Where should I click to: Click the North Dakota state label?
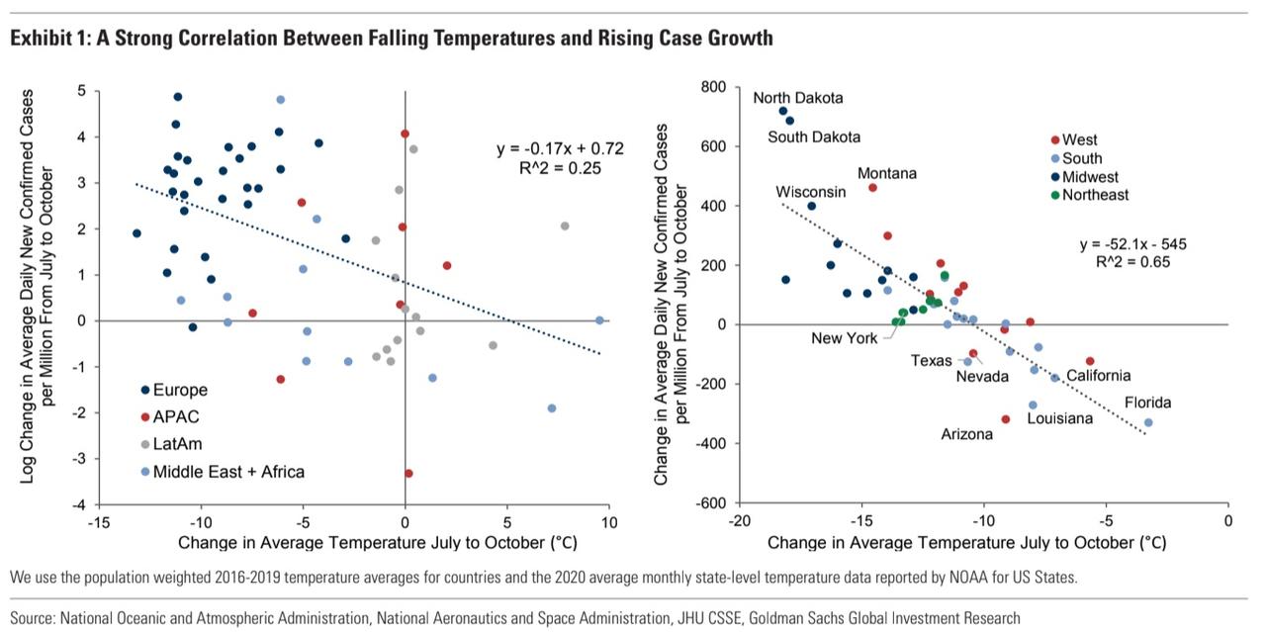click(x=798, y=98)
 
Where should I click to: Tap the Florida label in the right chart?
click(x=1147, y=403)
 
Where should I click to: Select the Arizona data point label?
click(x=966, y=434)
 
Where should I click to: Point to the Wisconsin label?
click(x=810, y=191)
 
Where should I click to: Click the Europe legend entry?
click(x=181, y=390)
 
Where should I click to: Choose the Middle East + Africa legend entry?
click(x=228, y=472)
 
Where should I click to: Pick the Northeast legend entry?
click(x=1095, y=195)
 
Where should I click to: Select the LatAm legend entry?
click(x=179, y=444)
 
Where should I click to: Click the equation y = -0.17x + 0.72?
click(x=560, y=148)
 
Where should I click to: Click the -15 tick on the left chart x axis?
click(x=97, y=522)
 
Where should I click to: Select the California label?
click(x=1098, y=376)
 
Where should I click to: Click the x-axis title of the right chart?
click(x=966, y=543)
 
